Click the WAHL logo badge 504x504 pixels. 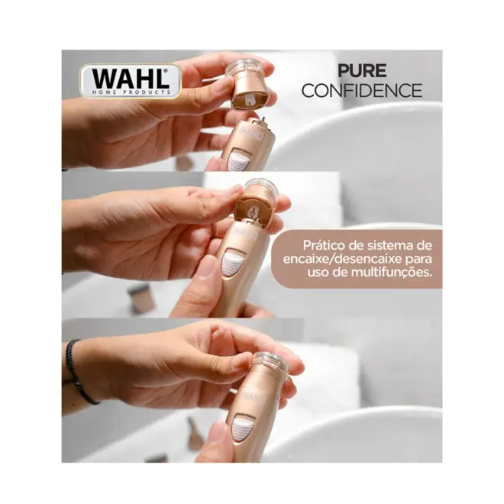(131, 81)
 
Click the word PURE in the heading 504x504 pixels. (362, 71)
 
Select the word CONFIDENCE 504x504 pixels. (362, 90)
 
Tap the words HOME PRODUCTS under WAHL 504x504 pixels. (131, 92)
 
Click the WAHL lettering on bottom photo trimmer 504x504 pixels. (253, 396)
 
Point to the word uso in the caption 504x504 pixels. (318, 273)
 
